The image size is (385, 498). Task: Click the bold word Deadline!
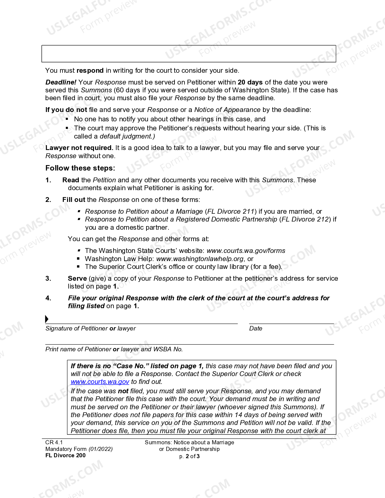tap(61, 82)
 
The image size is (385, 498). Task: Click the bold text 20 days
tap(250, 82)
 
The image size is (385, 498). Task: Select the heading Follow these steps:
tap(80, 168)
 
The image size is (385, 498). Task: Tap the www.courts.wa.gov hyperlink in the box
tap(100, 382)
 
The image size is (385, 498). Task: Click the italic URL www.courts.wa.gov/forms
tap(246, 251)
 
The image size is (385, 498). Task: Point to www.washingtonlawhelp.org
tap(200, 259)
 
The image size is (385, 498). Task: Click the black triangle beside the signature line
tap(47, 319)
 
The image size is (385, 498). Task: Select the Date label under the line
tap(255, 329)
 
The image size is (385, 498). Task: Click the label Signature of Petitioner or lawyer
tap(91, 329)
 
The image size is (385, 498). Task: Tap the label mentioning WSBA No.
tap(114, 350)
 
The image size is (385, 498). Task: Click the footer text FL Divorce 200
tap(65, 455)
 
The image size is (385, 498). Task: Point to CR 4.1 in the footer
tap(54, 442)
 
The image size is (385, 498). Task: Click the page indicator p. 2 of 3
tap(189, 456)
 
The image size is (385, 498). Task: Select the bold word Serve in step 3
tap(77, 279)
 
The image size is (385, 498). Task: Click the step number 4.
tap(48, 298)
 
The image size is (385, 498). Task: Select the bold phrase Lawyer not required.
tap(79, 148)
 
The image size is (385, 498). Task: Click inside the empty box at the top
tap(189, 54)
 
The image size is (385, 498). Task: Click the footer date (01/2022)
tap(101, 449)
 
